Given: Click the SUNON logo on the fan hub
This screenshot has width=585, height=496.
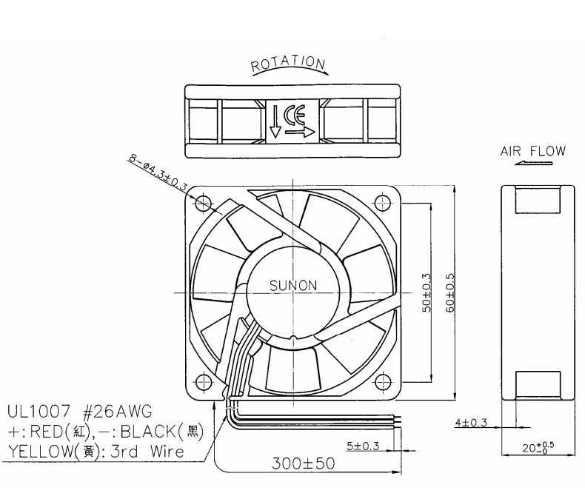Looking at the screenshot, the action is [x=293, y=286].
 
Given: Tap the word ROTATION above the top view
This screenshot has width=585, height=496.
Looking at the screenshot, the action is [x=288, y=64].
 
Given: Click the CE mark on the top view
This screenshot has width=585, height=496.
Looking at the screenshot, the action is [x=295, y=115].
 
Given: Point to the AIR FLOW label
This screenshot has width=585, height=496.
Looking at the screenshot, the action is [x=532, y=151].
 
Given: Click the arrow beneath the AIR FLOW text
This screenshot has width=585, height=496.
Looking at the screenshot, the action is [x=533, y=163].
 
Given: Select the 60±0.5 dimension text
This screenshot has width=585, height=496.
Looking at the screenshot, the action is [x=450, y=292].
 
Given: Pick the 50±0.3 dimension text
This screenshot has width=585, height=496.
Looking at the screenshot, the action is [x=427, y=292].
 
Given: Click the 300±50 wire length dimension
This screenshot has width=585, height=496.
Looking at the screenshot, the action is [x=303, y=463].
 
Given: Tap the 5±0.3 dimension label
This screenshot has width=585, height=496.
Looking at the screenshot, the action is [x=363, y=446].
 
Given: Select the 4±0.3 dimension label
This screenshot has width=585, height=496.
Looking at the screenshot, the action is [x=471, y=423].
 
